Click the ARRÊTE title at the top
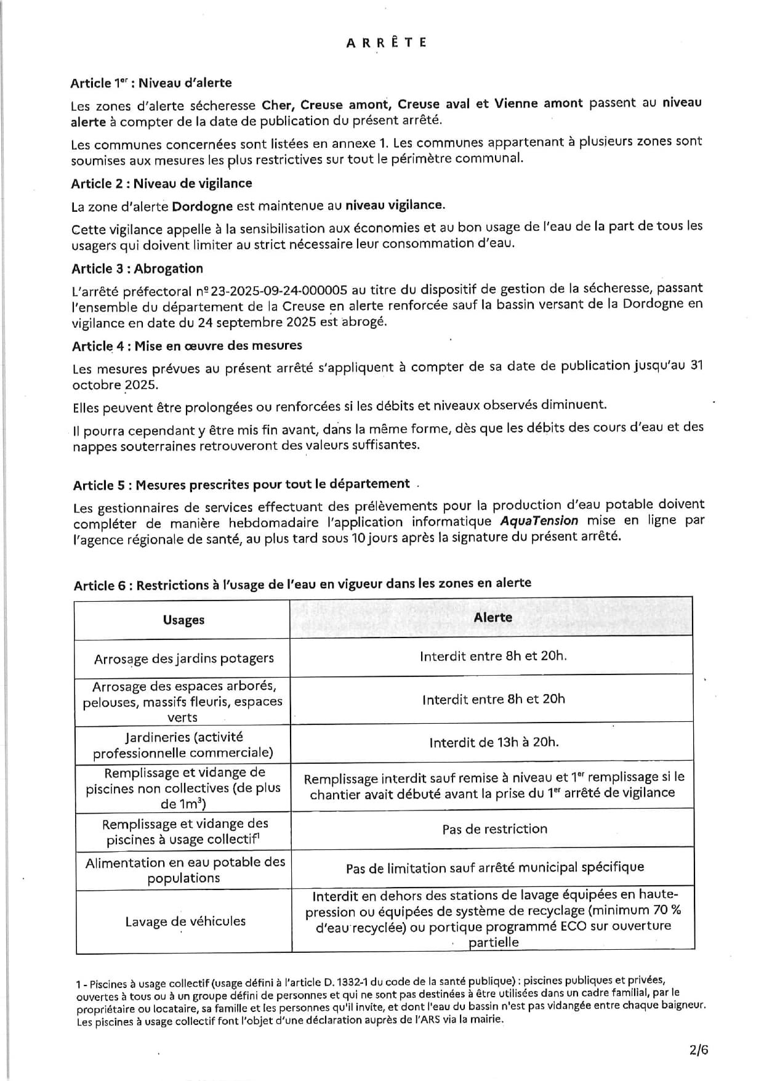click(x=386, y=43)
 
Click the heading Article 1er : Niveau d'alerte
click(x=151, y=83)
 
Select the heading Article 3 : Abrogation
click(x=137, y=269)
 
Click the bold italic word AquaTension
click(x=539, y=521)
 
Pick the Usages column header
click(x=183, y=620)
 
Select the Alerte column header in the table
click(x=493, y=617)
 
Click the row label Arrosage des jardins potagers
click(x=183, y=658)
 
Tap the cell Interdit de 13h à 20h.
click(x=494, y=742)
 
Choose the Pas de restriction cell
click(x=494, y=829)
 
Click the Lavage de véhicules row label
click(x=185, y=921)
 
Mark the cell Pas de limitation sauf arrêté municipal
click(x=494, y=868)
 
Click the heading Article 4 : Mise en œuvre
click(x=187, y=346)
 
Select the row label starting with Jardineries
click(x=183, y=745)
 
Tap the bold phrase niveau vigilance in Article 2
click(x=394, y=205)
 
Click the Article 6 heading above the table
click(x=302, y=584)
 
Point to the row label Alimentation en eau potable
click(x=185, y=870)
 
